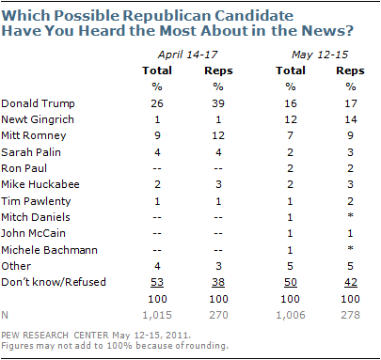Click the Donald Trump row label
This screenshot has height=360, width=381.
click(x=38, y=103)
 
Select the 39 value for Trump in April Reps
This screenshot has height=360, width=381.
click(x=218, y=103)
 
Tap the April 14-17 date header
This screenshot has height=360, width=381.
click(x=187, y=55)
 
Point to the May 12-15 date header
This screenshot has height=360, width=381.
click(x=320, y=55)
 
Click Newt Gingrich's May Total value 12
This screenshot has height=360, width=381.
click(x=291, y=119)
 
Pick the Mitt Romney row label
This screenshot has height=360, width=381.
click(x=34, y=135)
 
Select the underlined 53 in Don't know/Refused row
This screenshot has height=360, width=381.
click(x=157, y=282)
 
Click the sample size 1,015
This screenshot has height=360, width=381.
click(x=157, y=315)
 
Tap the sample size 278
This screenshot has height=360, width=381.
click(x=350, y=315)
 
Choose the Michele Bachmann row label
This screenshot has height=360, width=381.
click(x=49, y=250)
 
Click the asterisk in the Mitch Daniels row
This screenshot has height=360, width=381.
click(x=350, y=215)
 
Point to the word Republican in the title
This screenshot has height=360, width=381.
click(x=167, y=16)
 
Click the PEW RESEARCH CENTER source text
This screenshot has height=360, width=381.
click(x=55, y=336)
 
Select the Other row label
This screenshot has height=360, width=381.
click(x=16, y=266)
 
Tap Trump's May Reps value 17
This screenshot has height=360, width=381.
click(x=351, y=103)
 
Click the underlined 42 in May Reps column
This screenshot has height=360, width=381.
click(x=351, y=282)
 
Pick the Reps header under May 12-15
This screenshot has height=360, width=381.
click(x=350, y=70)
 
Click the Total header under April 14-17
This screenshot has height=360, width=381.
click(x=157, y=70)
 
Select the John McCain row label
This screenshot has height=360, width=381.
click(x=33, y=233)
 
